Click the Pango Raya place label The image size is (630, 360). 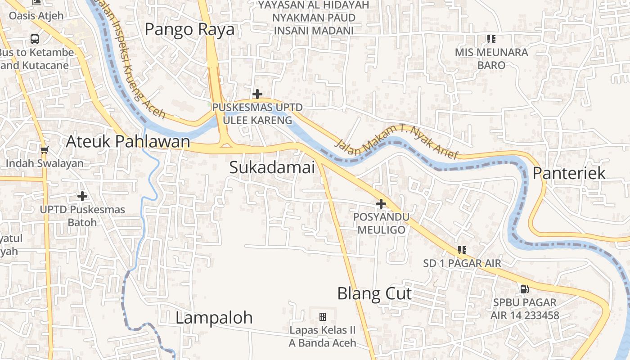click(x=189, y=29)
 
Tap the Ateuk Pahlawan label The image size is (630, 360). click(x=128, y=141)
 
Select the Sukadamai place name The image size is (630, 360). click(x=272, y=167)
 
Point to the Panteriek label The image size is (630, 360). click(x=569, y=173)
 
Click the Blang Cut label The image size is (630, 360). click(x=374, y=294)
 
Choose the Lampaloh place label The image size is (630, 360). click(x=214, y=318)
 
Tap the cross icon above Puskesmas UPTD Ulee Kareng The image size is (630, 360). click(x=257, y=94)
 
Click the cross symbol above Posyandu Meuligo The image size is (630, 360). click(x=381, y=204)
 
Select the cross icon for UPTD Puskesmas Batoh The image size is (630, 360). click(x=82, y=196)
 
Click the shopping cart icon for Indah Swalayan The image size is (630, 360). click(x=44, y=150)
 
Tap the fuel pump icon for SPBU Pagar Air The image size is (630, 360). click(x=524, y=289)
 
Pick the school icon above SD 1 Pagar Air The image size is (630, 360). click(x=462, y=250)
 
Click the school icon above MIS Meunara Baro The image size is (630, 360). click(x=491, y=39)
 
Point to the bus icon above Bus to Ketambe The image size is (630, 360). click(x=35, y=39)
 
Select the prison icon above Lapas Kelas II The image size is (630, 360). click(x=323, y=317)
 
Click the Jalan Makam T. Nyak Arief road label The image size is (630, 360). click(x=396, y=142)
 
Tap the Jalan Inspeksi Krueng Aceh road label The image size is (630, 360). click(x=135, y=63)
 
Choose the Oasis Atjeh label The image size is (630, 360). click(x=36, y=16)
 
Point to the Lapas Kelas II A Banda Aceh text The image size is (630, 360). click(x=323, y=337)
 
